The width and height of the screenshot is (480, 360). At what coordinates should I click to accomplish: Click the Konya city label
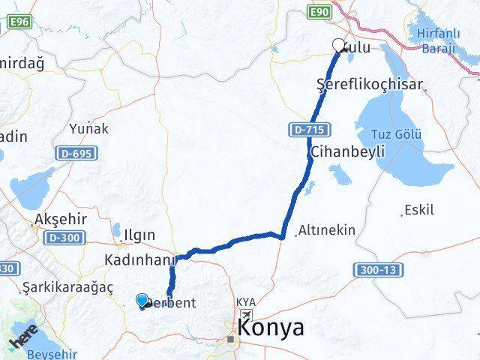coord(271,328)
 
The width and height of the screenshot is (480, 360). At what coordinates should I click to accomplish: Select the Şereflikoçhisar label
coord(370,85)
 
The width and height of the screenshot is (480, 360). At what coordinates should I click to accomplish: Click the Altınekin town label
coord(327,230)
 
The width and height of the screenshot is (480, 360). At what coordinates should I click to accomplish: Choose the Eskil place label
coord(418,210)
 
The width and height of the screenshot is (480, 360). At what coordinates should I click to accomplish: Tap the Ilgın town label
coord(139,233)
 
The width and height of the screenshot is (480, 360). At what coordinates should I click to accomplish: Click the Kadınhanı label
coord(139,259)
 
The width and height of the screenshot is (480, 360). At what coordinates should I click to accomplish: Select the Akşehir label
coord(61,220)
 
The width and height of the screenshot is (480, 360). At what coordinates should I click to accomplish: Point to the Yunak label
coord(88,129)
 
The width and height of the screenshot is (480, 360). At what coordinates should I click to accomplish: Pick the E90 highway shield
coord(319,11)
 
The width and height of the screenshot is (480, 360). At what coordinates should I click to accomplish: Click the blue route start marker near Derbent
coord(142,301)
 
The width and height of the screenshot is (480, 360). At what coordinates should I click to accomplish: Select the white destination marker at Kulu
coord(339,46)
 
